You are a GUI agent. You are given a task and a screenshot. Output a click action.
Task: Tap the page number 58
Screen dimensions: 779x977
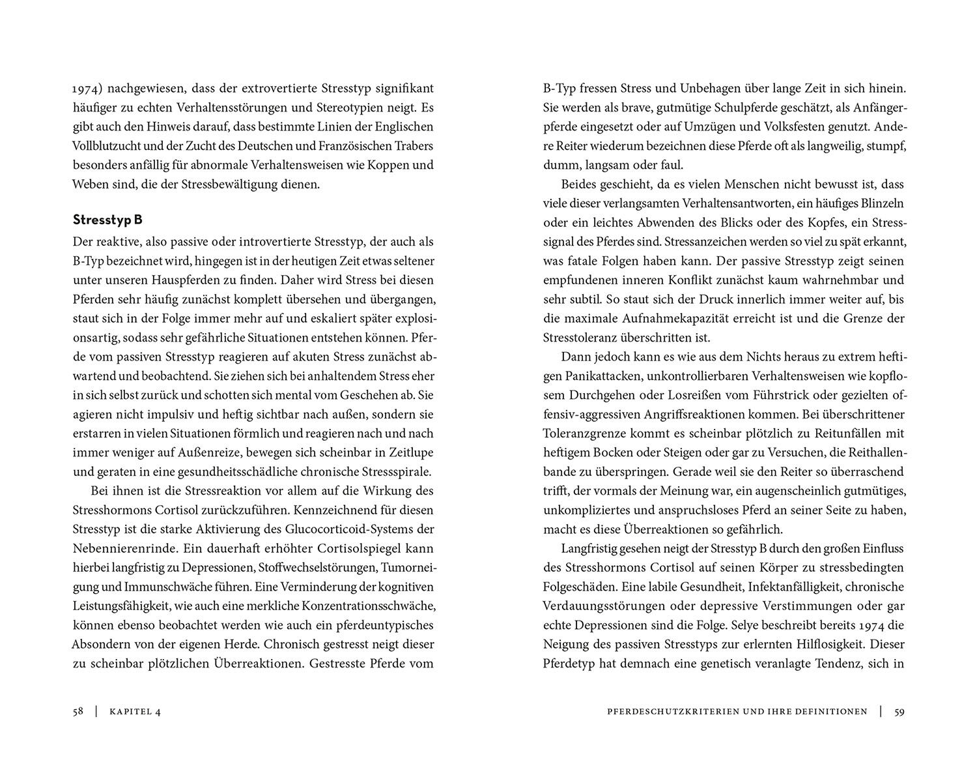pos(78,712)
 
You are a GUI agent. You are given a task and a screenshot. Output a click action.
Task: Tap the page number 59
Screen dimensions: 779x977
pos(899,712)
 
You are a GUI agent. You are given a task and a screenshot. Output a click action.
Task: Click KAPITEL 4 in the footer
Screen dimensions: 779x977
pos(135,712)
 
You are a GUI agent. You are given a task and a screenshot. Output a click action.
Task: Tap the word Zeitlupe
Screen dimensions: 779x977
pos(410,453)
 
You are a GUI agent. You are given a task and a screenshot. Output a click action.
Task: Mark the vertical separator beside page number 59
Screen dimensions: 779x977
pos(881,712)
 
